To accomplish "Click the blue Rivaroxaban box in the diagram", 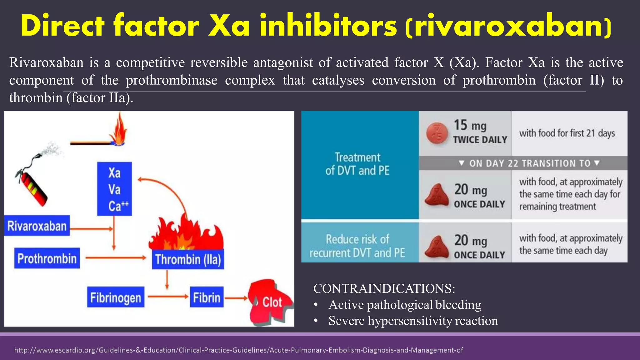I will [37, 226].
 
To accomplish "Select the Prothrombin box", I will [47, 258].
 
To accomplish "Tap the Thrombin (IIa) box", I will [188, 259].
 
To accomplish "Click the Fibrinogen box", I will [116, 297].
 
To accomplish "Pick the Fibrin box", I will [207, 297].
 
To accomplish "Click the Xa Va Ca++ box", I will [114, 189].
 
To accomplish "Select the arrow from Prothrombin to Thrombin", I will [116, 258].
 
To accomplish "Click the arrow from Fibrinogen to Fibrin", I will [168, 297].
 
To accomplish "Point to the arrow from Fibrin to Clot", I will [236, 298].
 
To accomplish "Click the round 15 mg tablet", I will [437, 133].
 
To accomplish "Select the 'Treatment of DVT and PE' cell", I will [357, 164].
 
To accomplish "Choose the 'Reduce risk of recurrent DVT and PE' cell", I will [357, 246].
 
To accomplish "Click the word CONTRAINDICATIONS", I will [384, 288].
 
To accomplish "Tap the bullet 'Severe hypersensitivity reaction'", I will [413, 321].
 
